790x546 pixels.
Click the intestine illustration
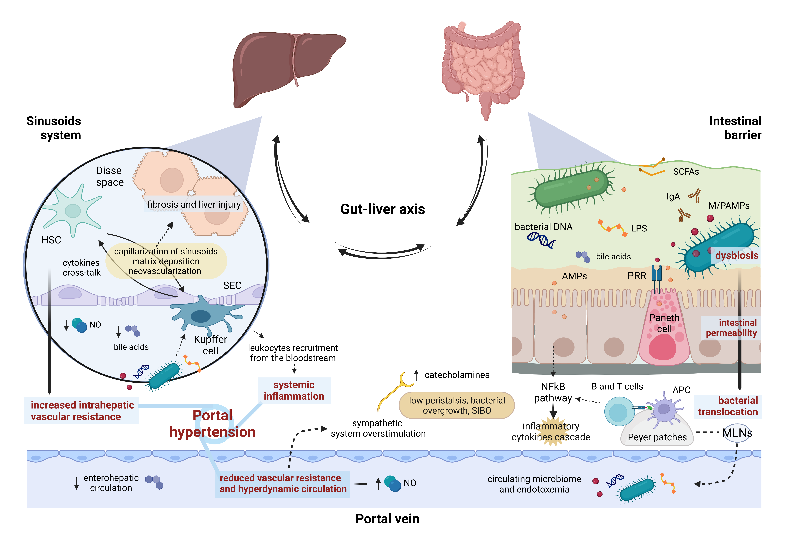(x=483, y=65)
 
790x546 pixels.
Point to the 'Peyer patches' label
(x=657, y=437)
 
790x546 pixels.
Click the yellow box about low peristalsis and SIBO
(x=456, y=405)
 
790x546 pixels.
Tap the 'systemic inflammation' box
(x=294, y=390)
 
